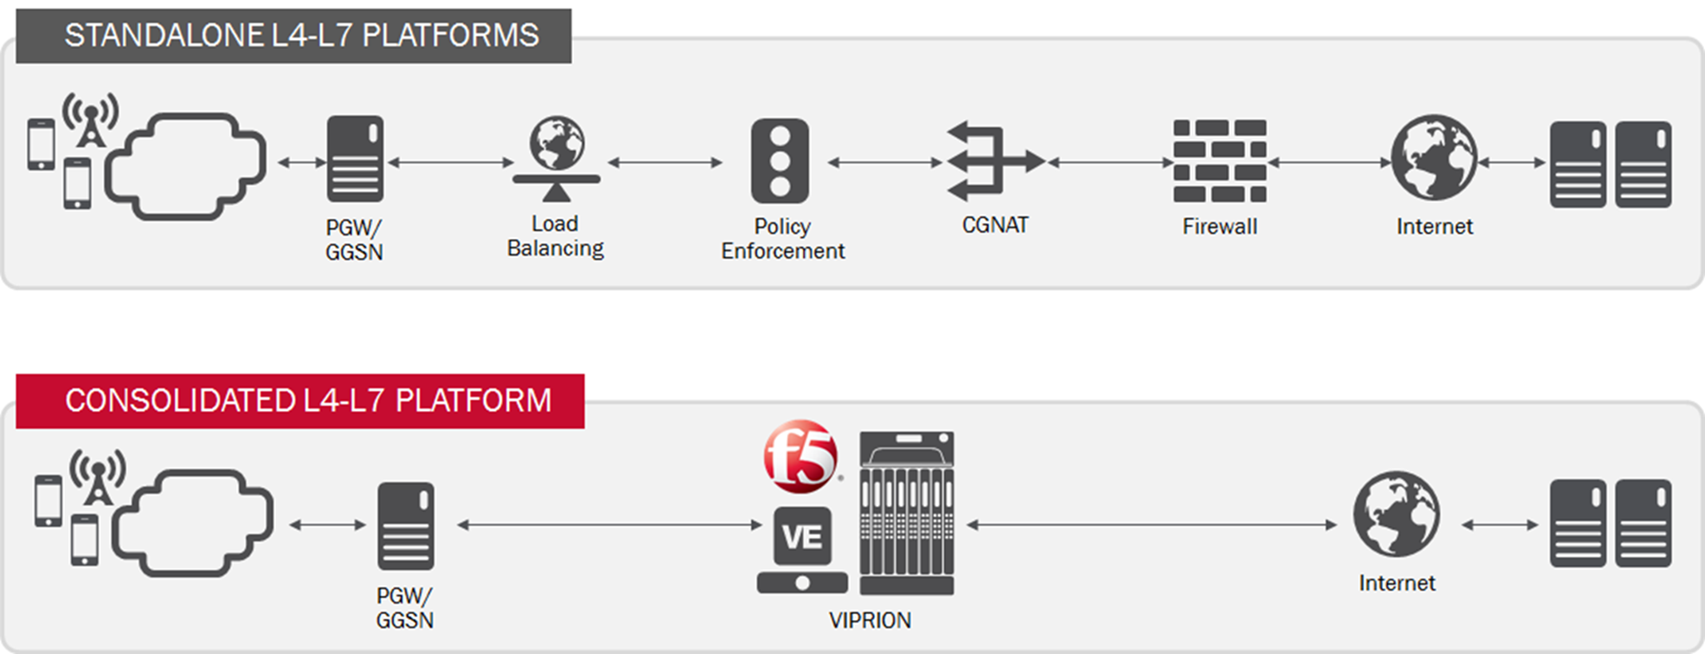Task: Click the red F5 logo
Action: click(x=800, y=456)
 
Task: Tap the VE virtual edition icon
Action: click(x=803, y=537)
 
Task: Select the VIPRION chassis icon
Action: click(x=907, y=513)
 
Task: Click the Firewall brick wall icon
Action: click(x=1219, y=161)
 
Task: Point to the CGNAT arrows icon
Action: click(x=993, y=161)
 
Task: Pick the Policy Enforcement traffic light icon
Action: click(x=779, y=161)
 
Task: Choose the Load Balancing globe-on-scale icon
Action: click(x=556, y=158)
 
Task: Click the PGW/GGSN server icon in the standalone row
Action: click(x=355, y=159)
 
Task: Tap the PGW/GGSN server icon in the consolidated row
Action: click(x=406, y=526)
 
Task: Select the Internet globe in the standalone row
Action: click(x=1434, y=157)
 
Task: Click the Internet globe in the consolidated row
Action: click(x=1396, y=514)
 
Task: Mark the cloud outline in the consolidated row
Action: click(x=193, y=523)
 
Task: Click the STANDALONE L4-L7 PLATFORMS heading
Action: click(x=301, y=36)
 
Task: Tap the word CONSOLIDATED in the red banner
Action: click(x=179, y=401)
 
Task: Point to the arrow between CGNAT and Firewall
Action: click(x=1110, y=162)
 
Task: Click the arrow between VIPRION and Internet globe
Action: click(x=1152, y=525)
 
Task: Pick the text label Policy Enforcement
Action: click(x=782, y=239)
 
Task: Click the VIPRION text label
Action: click(x=870, y=621)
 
